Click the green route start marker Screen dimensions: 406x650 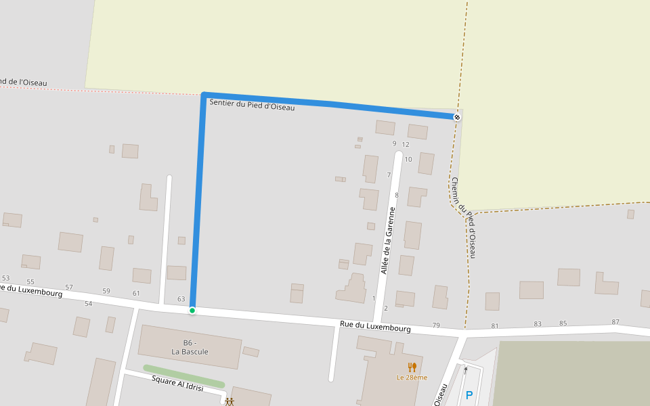[192, 311]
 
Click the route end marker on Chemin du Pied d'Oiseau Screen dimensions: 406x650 [457, 117]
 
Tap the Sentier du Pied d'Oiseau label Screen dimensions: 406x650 [252, 105]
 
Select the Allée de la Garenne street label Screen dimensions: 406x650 [387, 240]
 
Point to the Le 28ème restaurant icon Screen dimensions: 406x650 [412, 367]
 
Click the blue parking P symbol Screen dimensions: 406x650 [469, 395]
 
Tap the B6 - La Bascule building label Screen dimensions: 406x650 [190, 346]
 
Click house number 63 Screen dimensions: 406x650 [181, 298]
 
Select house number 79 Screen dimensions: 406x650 [436, 325]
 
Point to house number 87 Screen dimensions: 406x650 [615, 322]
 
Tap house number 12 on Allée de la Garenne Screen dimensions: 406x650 [406, 144]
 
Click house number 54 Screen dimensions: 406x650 [88, 304]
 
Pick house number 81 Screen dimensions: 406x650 [494, 326]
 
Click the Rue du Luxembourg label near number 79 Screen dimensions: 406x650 [375, 328]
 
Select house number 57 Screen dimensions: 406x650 [69, 288]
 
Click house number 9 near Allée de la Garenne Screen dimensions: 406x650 [394, 143]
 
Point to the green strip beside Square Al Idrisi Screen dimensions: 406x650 [183, 377]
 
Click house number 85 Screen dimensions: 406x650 [563, 323]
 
